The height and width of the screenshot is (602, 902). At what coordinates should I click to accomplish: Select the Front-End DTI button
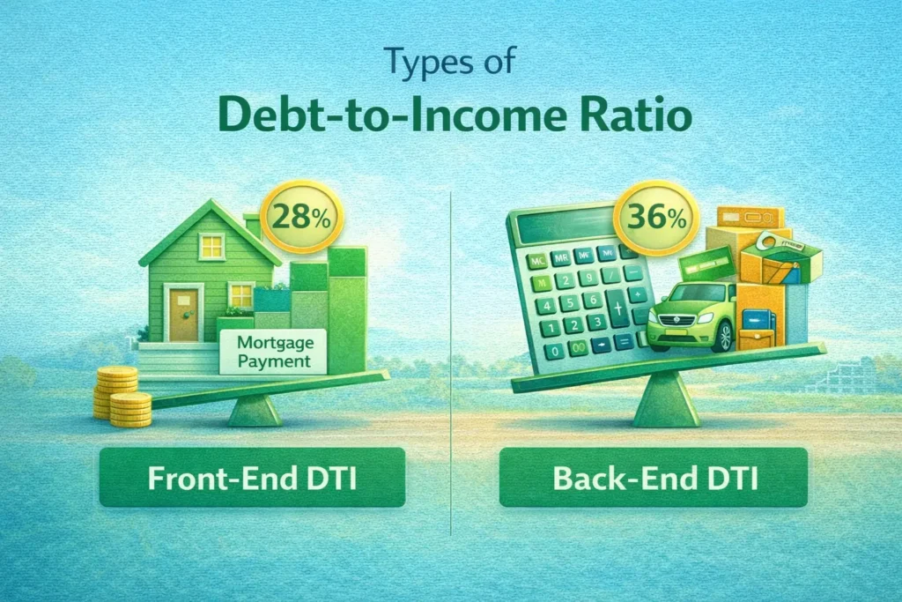(x=252, y=476)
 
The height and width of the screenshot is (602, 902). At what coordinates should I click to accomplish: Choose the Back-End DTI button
(x=653, y=476)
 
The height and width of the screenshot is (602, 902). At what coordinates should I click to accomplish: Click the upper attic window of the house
(x=211, y=247)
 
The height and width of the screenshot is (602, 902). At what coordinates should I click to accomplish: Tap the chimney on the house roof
(x=253, y=227)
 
